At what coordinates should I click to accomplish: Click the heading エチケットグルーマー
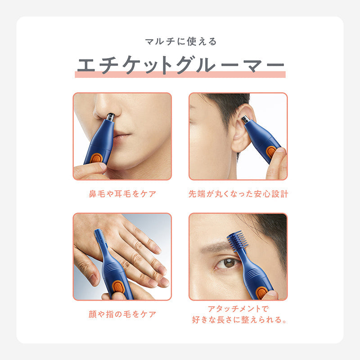180,65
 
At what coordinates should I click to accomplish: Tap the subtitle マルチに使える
181,41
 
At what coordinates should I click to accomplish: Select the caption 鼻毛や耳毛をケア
122,194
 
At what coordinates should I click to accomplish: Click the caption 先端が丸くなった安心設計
238,194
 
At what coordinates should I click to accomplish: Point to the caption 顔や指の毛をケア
122,314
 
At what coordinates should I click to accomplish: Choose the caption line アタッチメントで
238,309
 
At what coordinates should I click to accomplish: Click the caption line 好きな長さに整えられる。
239,319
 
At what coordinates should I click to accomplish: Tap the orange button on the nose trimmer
96,158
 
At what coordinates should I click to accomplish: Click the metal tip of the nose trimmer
110,117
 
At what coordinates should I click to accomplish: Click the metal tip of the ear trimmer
246,119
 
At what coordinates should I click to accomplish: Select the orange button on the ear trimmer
272,152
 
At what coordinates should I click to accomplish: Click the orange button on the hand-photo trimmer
119,287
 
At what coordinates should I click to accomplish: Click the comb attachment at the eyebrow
238,242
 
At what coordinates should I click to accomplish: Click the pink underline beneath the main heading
180,74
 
